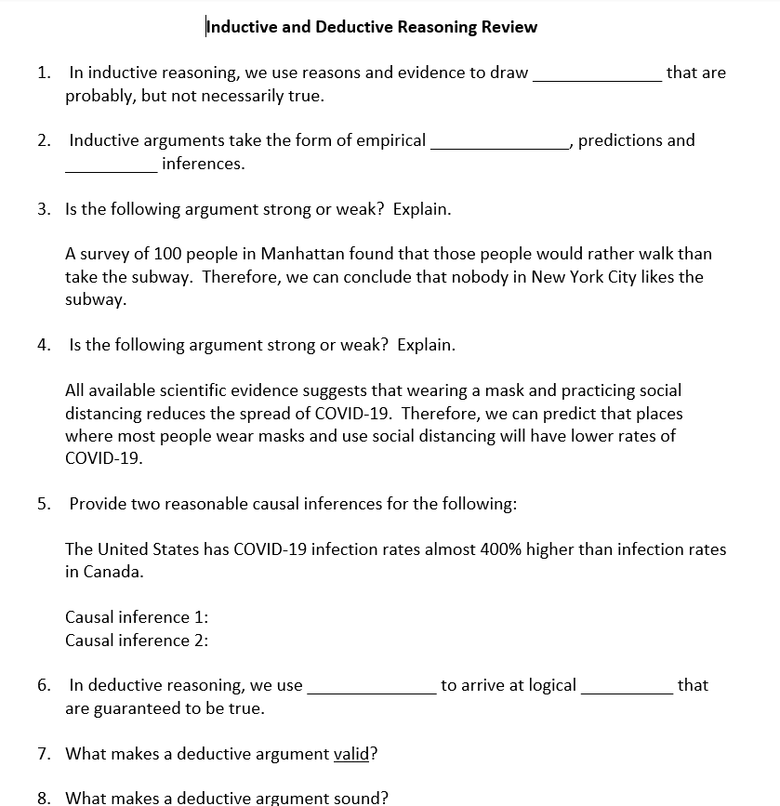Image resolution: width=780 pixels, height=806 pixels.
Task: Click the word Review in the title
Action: (509, 26)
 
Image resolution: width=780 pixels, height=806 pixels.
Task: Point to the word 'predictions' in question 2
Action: (620, 140)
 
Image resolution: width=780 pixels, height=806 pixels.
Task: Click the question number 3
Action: (44, 209)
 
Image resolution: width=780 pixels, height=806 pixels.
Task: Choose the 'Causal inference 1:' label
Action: (137, 617)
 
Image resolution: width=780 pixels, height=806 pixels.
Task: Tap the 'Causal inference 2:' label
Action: (137, 641)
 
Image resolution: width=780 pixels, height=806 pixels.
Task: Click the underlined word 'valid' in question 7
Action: (351, 754)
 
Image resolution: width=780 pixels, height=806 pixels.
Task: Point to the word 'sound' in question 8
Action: (357, 798)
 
